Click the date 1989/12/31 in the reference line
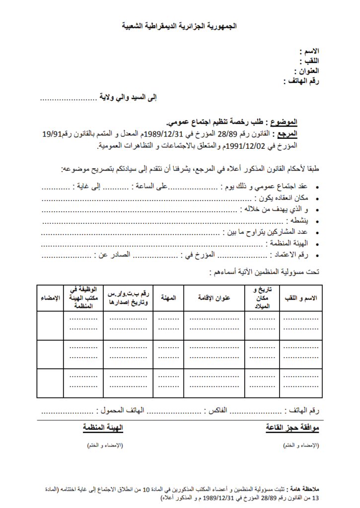159,134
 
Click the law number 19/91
53,134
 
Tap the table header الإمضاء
50,298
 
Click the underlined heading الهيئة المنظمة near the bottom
103,428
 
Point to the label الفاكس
216,411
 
